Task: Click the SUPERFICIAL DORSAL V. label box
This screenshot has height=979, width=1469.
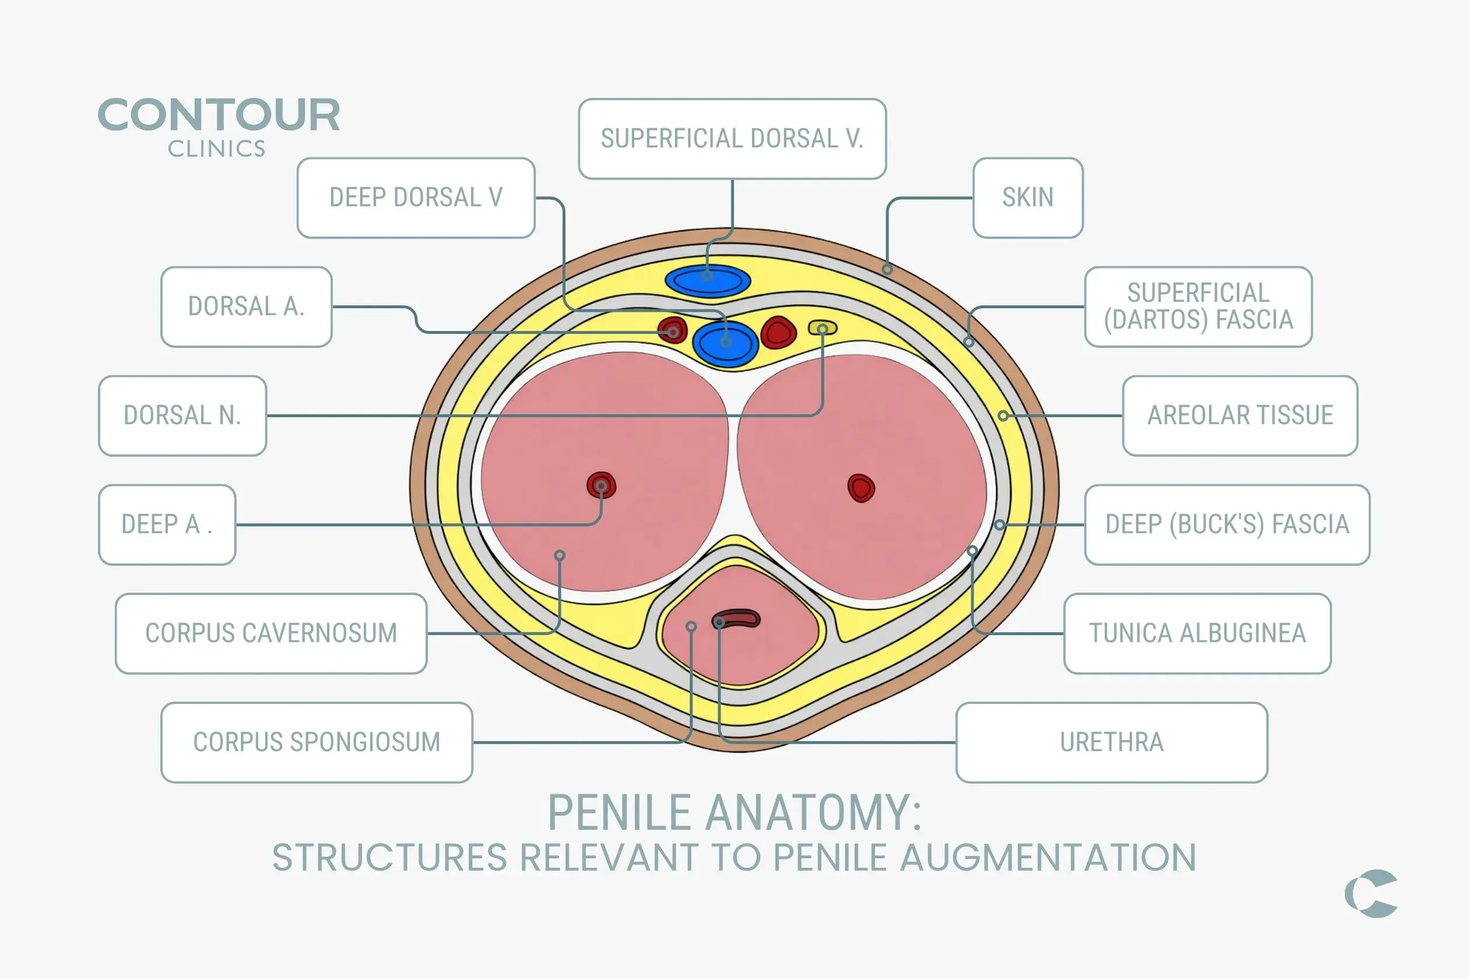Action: [x=732, y=139]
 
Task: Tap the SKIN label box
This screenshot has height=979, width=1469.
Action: [x=1027, y=198]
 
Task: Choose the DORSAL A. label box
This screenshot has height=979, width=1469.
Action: [x=246, y=307]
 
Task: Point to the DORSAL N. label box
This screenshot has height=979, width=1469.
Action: [x=182, y=415]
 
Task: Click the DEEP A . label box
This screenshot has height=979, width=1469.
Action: [x=167, y=524]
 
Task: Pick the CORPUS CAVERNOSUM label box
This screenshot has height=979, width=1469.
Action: [x=271, y=633]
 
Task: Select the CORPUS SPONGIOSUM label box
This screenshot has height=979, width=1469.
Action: [x=317, y=742]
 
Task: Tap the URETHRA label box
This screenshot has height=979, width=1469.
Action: [x=1112, y=742]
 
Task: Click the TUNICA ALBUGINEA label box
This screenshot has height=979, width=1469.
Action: [x=1197, y=633]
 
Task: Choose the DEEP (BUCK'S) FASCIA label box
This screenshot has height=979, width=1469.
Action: [x=1227, y=524]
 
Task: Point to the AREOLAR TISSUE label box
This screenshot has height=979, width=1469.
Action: [x=1240, y=415]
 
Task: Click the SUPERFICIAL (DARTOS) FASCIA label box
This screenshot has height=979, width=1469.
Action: [x=1198, y=307]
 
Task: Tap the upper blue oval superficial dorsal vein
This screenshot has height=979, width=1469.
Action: [x=708, y=280]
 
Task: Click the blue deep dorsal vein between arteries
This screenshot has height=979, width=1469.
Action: [x=725, y=343]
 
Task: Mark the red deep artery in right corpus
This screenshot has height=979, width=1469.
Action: [x=860, y=488]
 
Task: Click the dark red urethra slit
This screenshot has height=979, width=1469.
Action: [x=736, y=619]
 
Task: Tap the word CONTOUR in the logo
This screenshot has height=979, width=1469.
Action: [x=219, y=115]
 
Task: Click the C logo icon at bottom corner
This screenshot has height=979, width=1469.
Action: [x=1370, y=893]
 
